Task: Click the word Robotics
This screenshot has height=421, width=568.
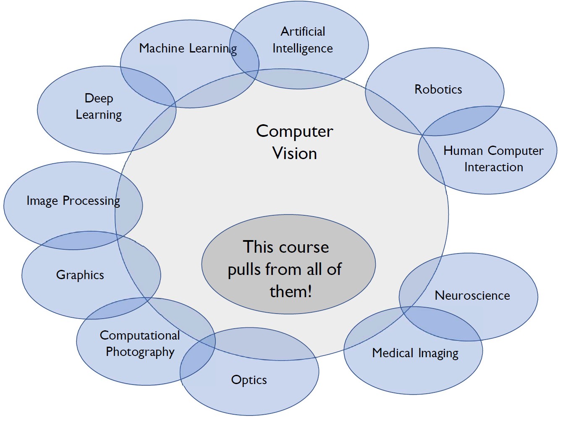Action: click(438, 89)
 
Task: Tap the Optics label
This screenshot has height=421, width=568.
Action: click(249, 380)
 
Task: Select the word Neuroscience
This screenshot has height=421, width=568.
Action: click(472, 295)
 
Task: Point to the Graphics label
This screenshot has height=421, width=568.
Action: click(80, 275)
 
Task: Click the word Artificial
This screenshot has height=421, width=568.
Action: click(303, 31)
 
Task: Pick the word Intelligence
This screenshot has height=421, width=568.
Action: click(302, 49)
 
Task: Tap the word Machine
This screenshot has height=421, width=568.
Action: click(162, 48)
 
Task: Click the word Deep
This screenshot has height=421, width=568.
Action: click(99, 99)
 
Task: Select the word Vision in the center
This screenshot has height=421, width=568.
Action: click(295, 153)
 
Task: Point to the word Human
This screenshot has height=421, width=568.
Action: click(463, 151)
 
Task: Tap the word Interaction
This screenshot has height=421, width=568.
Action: click(493, 167)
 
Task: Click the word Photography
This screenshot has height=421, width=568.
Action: click(140, 352)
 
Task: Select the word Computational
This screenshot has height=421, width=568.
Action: click(140, 335)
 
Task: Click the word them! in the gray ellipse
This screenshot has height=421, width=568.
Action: click(291, 292)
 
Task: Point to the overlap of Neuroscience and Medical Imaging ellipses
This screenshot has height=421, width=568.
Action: click(441, 324)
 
